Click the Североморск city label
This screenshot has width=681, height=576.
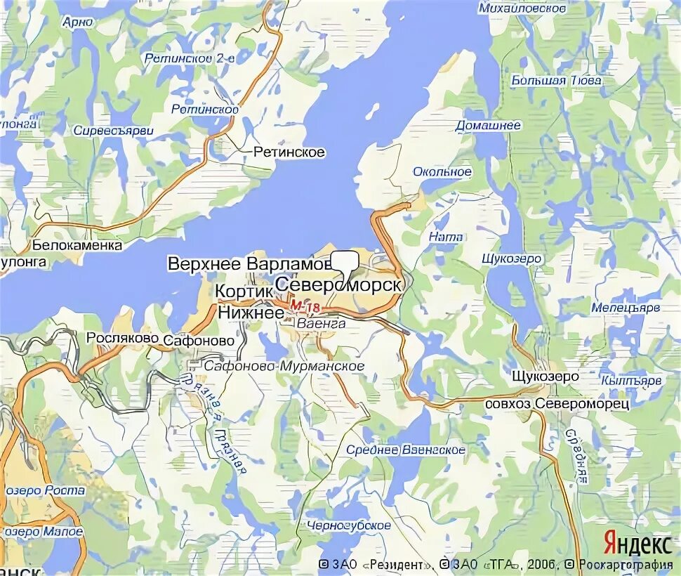[x=338, y=285]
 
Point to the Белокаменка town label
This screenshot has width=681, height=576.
[x=77, y=245]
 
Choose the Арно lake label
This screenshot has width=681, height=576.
[x=78, y=22]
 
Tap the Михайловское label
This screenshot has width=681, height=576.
[x=522, y=8]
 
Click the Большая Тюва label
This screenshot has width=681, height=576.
[x=557, y=80]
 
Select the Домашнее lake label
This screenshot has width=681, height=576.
[x=489, y=125]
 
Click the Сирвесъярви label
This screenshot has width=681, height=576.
[x=113, y=131]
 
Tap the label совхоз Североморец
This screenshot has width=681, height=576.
[x=557, y=404]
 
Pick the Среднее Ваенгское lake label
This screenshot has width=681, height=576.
[x=405, y=450]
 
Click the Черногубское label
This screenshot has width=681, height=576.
[x=349, y=525]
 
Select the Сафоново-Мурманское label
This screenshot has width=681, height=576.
[x=284, y=366]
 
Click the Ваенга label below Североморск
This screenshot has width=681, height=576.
[x=321, y=324]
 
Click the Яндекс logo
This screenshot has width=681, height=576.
[x=637, y=544]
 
